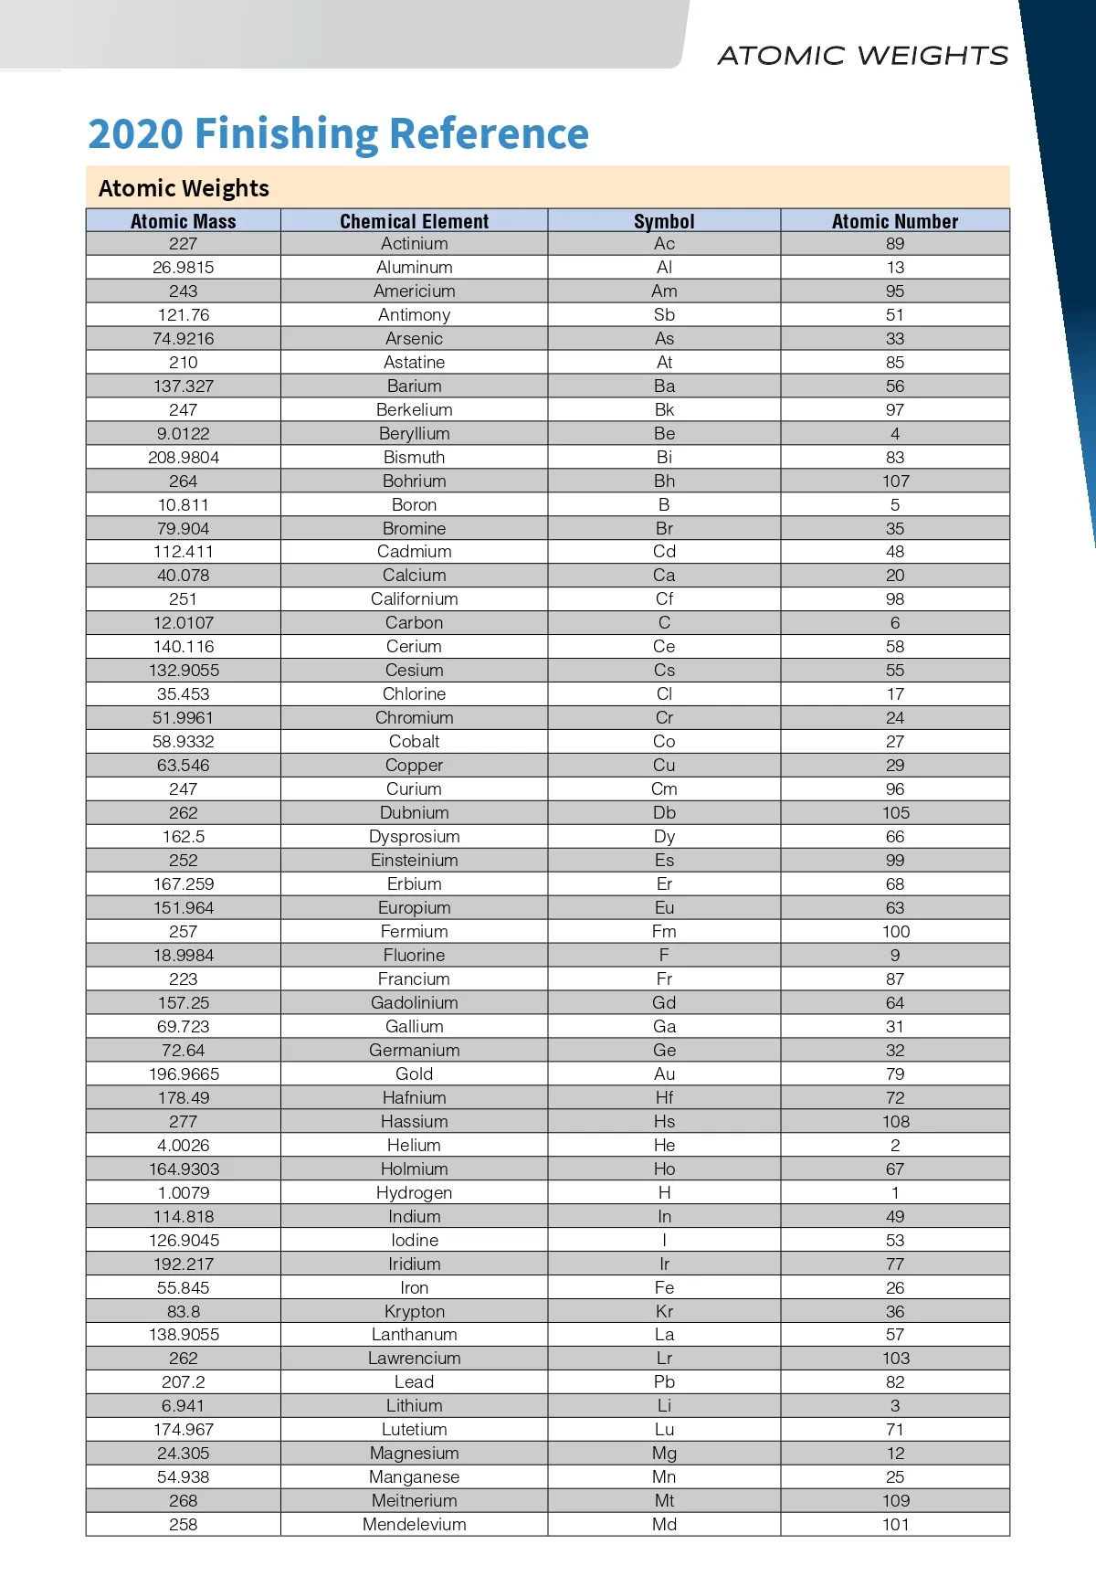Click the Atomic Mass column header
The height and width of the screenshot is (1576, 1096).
click(183, 221)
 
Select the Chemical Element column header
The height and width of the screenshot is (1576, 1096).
click(414, 221)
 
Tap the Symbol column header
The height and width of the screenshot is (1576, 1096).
click(664, 221)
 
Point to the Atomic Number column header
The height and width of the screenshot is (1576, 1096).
click(895, 221)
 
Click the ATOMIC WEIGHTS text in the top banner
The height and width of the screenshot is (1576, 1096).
click(863, 56)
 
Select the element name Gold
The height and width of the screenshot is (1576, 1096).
click(414, 1074)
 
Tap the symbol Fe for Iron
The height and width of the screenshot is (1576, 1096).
click(664, 1287)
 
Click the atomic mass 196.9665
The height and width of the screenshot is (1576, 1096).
click(184, 1074)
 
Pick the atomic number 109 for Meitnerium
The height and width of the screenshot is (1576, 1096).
click(895, 1500)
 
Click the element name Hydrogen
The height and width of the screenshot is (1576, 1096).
click(414, 1192)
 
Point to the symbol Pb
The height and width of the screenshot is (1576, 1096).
click(664, 1381)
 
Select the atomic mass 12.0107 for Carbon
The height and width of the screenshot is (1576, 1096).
click(184, 622)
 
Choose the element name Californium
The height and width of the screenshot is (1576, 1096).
click(414, 598)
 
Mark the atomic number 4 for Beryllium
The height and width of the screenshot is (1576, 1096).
click(895, 433)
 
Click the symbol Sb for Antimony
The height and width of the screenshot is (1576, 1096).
click(664, 314)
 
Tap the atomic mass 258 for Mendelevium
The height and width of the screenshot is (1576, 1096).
click(184, 1524)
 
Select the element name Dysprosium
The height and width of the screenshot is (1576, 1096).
click(414, 836)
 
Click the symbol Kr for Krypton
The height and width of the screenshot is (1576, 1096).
click(664, 1311)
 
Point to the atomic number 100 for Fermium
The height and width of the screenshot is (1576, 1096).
click(895, 931)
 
